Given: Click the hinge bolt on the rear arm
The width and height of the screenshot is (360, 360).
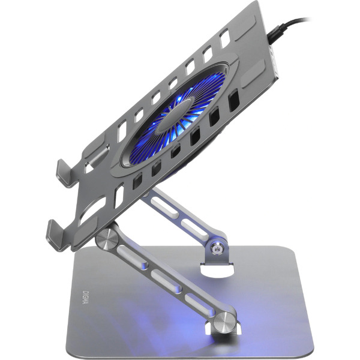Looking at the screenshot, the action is pyautogui.click(x=217, y=248).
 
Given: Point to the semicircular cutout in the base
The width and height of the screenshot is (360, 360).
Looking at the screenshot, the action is pyautogui.click(x=216, y=271).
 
